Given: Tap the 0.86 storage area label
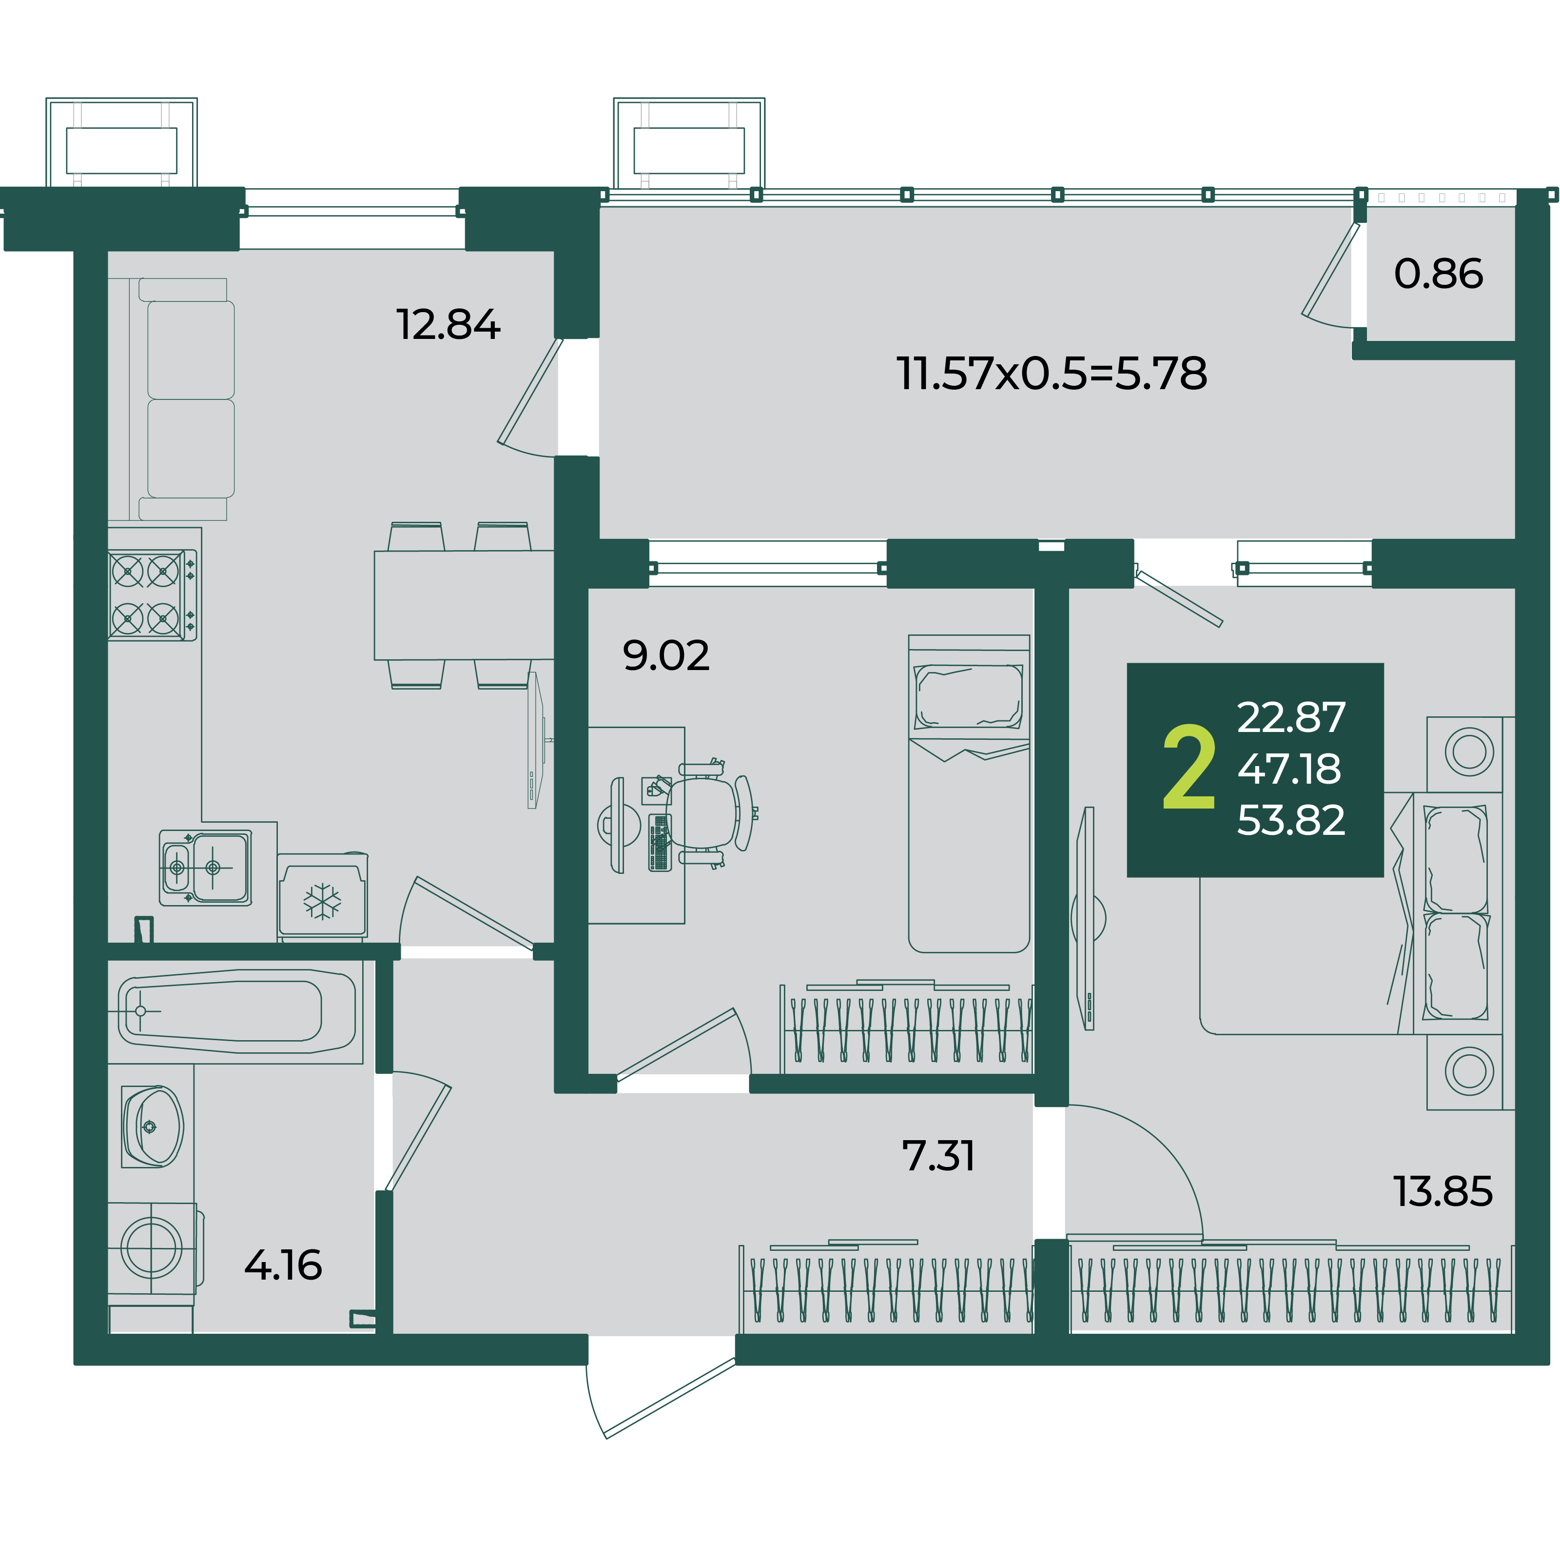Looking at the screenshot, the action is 1438,274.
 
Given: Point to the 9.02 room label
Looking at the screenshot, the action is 666,655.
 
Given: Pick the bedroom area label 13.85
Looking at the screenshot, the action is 1443,1192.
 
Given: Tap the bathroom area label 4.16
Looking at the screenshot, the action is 284,1265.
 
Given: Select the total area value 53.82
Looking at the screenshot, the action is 1291,820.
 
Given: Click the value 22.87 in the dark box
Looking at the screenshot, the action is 1291,717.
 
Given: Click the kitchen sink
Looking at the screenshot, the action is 205,868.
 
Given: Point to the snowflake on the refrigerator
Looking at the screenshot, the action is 322,902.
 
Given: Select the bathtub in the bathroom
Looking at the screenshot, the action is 236,1011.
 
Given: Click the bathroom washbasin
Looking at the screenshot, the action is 152,1126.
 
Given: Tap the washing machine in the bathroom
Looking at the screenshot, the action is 152,1247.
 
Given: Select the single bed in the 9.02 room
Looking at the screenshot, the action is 969,793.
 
